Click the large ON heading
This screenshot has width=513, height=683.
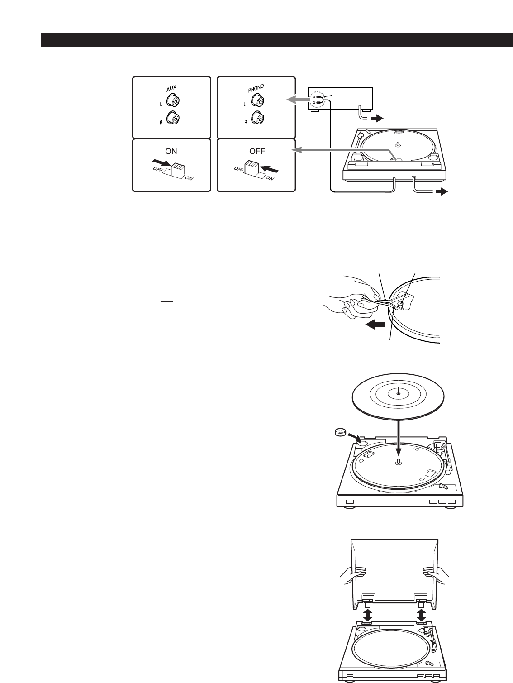[x=171, y=151]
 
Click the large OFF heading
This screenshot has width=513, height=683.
[x=256, y=151]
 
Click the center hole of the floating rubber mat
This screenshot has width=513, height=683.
[x=398, y=392]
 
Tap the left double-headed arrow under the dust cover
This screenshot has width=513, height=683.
[x=368, y=615]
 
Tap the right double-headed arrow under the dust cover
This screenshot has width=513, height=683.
[x=422, y=615]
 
